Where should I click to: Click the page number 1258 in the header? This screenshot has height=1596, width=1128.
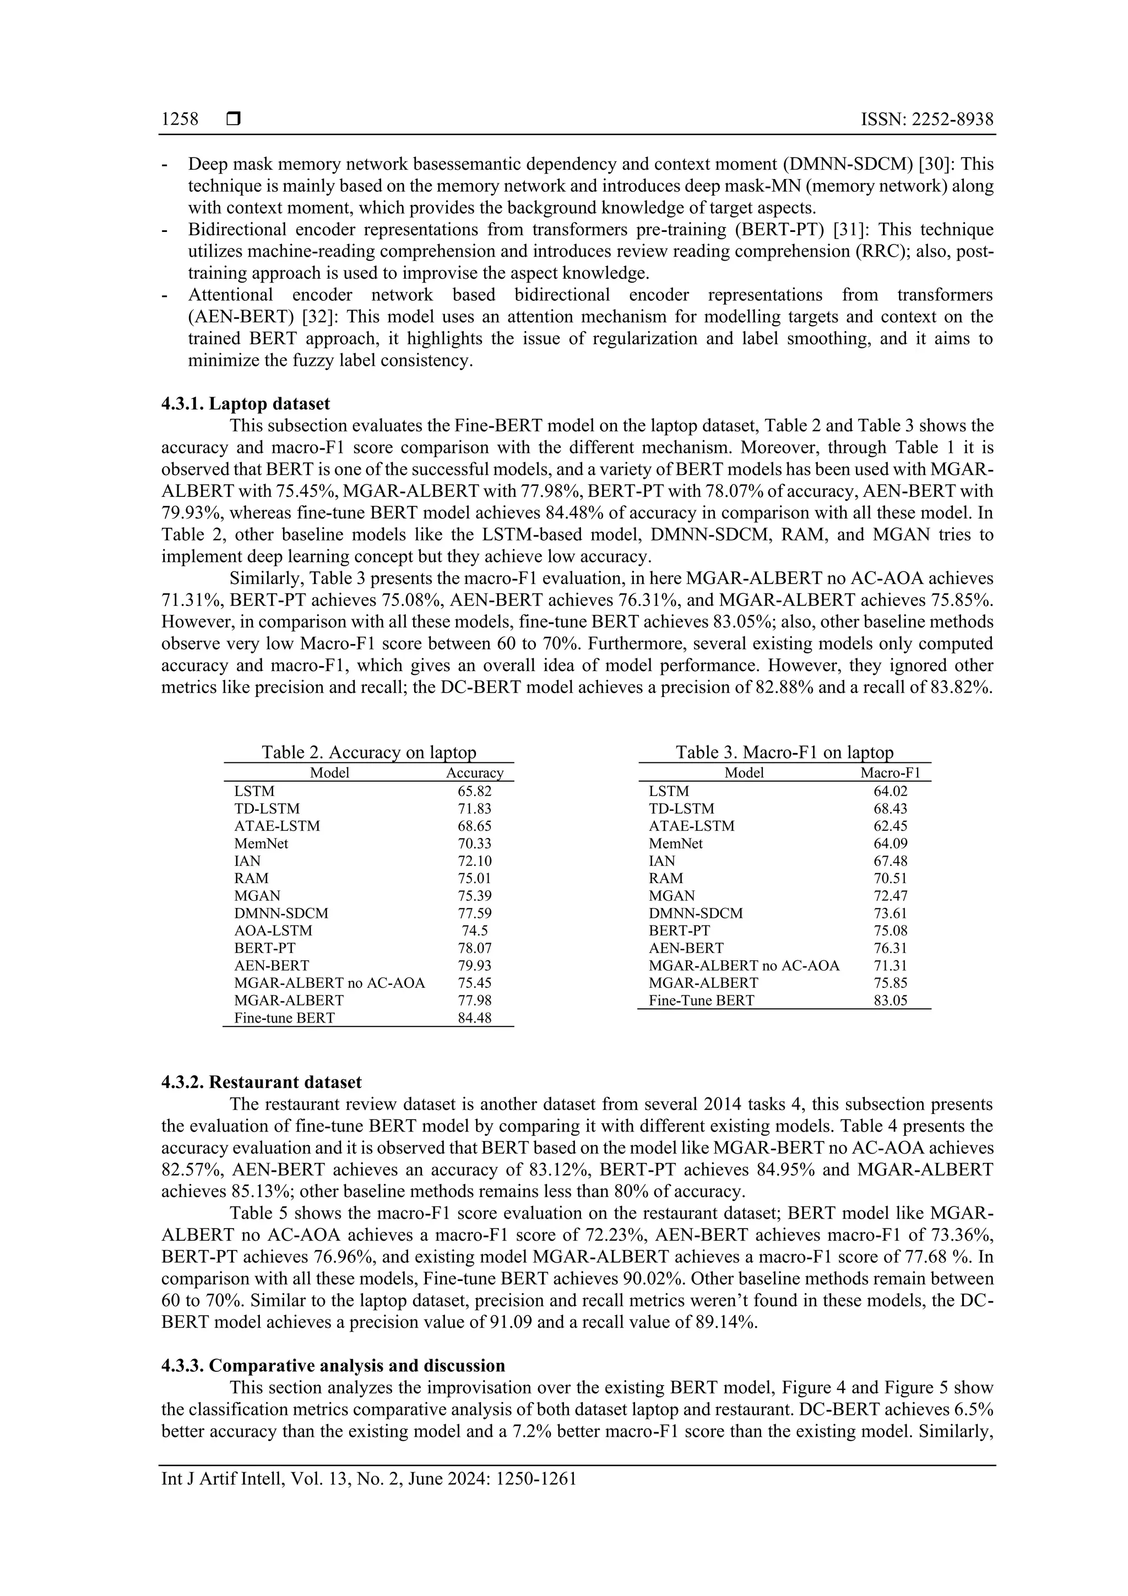[x=180, y=120]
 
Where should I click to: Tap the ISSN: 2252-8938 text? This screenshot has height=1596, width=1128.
[x=926, y=120]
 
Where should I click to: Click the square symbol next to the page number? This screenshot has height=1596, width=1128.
[x=234, y=120]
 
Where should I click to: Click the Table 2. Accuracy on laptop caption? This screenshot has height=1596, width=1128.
[x=368, y=752]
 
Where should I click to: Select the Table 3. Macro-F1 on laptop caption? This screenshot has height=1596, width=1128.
[x=784, y=752]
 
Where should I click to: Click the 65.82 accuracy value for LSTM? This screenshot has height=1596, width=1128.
[x=474, y=791]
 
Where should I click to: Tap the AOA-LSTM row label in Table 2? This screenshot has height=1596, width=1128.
[x=273, y=930]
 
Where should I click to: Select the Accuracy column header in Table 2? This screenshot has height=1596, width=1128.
[x=474, y=773]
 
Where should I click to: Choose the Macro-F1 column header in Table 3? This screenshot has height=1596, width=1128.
[x=890, y=773]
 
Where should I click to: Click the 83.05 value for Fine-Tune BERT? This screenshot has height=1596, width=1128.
[x=890, y=1001]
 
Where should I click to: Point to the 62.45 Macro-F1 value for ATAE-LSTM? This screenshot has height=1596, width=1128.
[x=890, y=826]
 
